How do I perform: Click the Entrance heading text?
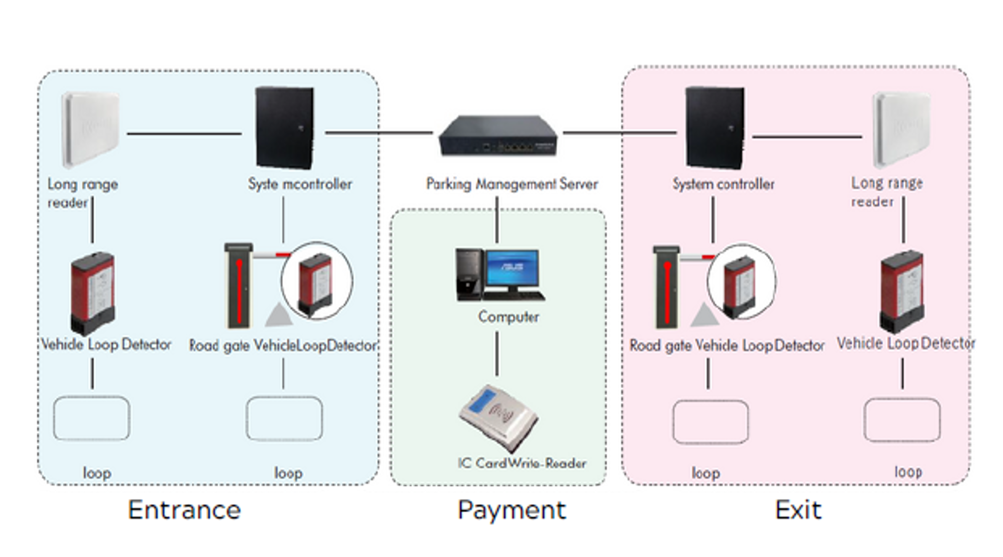(x=184, y=510)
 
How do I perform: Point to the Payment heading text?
(x=512, y=510)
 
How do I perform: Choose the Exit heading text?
(x=798, y=510)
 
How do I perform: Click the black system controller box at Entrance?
(x=284, y=127)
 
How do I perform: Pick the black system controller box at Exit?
(x=715, y=127)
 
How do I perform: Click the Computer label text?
(x=508, y=317)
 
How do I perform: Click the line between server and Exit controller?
(x=619, y=133)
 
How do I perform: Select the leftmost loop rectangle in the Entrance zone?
(x=91, y=418)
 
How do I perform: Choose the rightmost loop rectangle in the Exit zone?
(x=902, y=420)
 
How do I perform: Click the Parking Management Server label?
(x=512, y=184)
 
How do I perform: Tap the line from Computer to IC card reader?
(x=497, y=353)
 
